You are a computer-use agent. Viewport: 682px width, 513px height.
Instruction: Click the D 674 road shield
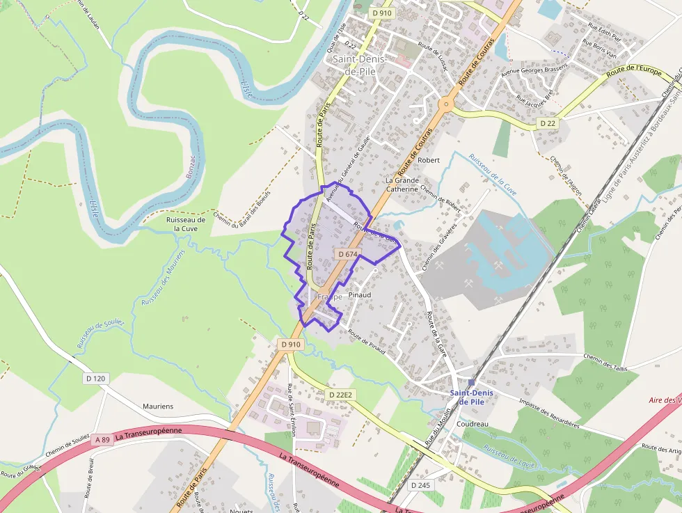point(347,255)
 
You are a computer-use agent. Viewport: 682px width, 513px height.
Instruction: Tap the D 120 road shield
point(97,379)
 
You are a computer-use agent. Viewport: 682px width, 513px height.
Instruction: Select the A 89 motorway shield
point(102,439)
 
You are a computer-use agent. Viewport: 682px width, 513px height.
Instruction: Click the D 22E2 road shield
point(341,395)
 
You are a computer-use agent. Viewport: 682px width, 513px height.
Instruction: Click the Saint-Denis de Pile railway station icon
point(471,382)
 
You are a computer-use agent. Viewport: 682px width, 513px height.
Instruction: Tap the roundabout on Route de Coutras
point(445,105)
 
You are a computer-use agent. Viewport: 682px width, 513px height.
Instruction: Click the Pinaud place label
point(359,295)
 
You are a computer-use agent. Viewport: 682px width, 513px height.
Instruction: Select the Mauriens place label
point(158,406)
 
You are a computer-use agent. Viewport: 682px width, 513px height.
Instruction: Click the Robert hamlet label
point(429,160)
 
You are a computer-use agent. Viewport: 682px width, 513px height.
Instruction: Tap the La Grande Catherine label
point(402,184)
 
